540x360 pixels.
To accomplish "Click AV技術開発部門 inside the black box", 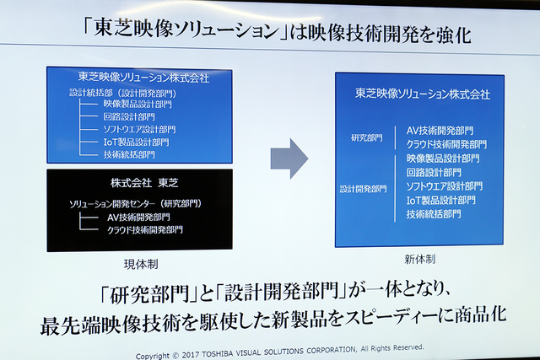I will pos(139,216).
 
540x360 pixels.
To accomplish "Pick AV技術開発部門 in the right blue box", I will pos(440,131).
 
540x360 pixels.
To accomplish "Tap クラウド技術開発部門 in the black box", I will pos(144,229).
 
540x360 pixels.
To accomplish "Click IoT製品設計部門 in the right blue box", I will pos(443,200).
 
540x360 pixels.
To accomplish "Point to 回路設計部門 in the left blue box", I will pos(129,116).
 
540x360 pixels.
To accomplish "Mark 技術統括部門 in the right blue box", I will pos(434,214).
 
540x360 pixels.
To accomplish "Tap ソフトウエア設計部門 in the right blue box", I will pos(444,185).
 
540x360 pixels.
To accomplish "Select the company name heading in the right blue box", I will pos(422,94).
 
